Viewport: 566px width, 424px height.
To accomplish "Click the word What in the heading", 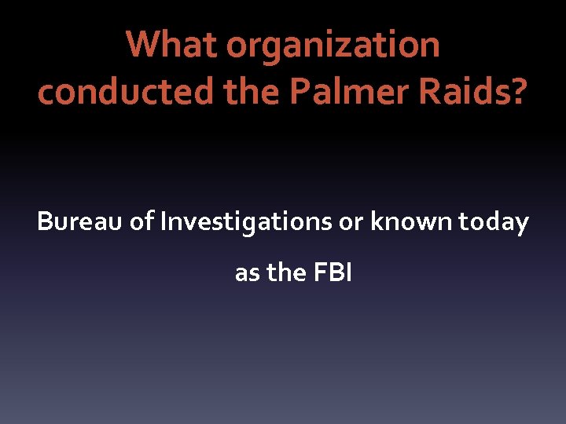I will click(172, 46).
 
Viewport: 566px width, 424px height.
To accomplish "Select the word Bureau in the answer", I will click(80, 222).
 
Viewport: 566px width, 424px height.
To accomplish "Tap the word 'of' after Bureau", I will click(143, 222).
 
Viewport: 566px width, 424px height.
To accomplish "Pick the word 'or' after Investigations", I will click(351, 222).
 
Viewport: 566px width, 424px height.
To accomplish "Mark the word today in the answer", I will click(494, 222).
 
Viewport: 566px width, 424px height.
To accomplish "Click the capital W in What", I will click(143, 46).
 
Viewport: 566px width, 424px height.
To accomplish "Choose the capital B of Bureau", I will click(45, 222).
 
